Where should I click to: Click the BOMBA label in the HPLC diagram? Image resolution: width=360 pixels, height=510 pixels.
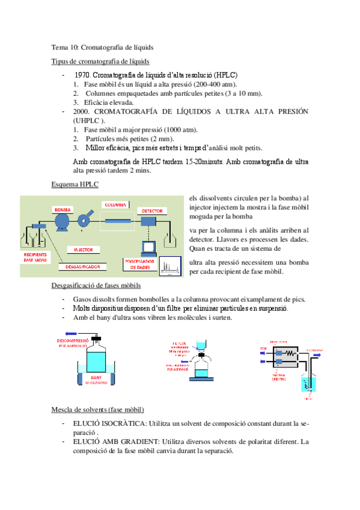click(63, 209)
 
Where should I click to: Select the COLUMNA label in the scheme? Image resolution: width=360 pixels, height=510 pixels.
click(115, 204)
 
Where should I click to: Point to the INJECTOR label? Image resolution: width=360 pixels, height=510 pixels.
click(84, 249)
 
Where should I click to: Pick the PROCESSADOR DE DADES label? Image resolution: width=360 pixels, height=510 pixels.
click(139, 265)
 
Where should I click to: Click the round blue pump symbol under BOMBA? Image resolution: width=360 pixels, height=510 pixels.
click(63, 223)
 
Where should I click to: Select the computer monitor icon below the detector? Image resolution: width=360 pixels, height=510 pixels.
click(148, 247)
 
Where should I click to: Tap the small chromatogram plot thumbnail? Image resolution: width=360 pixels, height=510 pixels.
click(170, 266)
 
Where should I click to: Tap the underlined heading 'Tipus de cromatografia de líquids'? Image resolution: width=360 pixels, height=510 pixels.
click(100, 61)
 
